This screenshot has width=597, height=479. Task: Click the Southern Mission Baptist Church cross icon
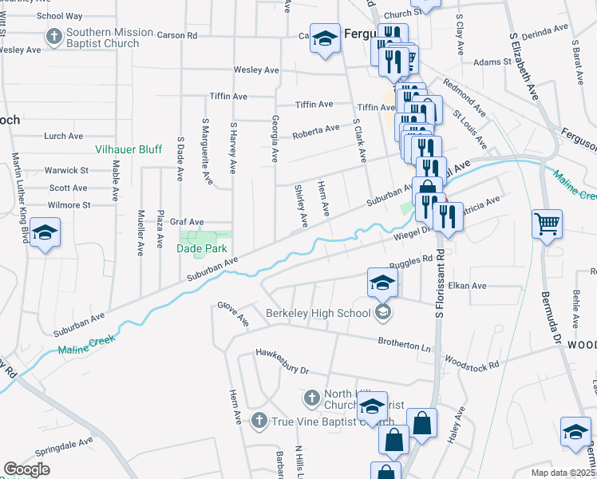(x=53, y=37)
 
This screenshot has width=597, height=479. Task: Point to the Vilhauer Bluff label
(x=129, y=149)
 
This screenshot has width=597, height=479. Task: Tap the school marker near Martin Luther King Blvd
(x=45, y=233)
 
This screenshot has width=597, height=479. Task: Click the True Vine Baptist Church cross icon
(x=259, y=420)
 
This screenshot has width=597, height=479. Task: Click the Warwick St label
(x=65, y=170)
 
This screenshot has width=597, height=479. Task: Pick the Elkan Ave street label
(x=467, y=286)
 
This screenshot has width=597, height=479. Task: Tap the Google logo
(x=26, y=469)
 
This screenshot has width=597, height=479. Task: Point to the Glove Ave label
(x=233, y=315)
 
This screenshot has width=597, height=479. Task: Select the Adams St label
(x=486, y=61)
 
